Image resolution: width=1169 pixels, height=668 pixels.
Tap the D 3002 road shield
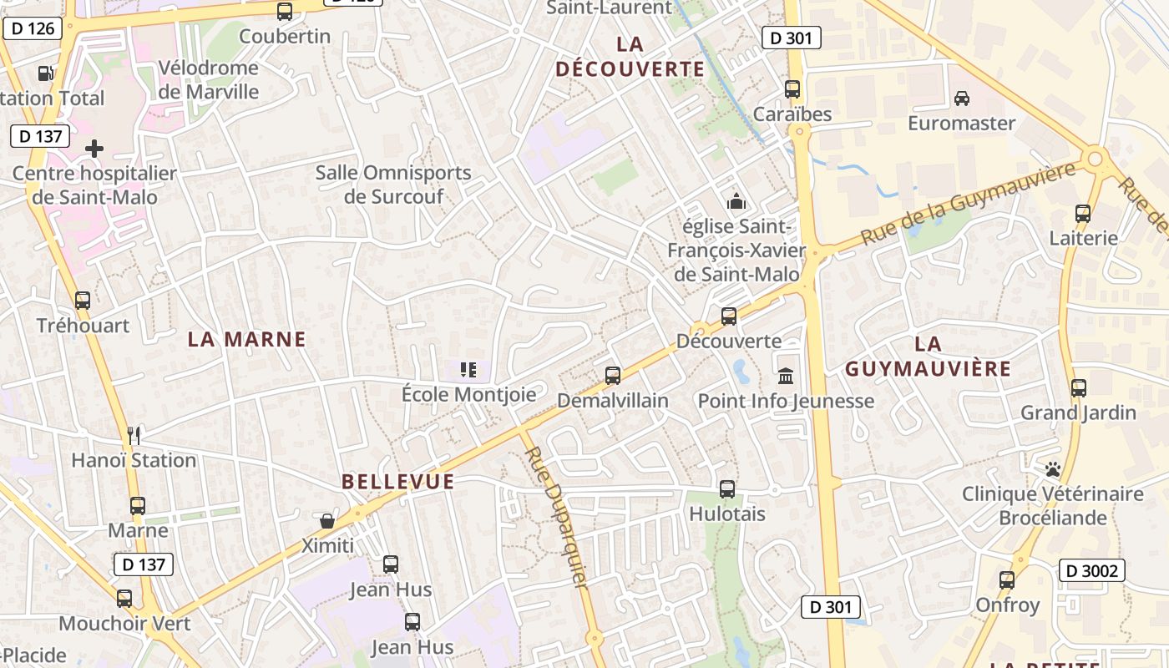[1091, 570]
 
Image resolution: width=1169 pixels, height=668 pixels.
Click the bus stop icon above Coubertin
[285, 12]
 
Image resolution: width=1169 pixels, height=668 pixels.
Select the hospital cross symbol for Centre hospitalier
[94, 149]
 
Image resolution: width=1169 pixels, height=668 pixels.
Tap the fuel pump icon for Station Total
[47, 73]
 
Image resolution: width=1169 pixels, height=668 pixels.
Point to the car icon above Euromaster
[962, 99]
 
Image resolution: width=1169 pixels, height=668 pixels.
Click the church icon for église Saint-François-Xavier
[736, 201]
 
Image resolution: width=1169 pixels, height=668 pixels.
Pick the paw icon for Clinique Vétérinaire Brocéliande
[1052, 469]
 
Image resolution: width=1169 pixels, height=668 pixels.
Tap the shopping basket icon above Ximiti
[327, 521]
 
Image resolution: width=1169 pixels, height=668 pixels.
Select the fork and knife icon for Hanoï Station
[134, 435]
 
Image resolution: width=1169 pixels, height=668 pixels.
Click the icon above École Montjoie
[468, 369]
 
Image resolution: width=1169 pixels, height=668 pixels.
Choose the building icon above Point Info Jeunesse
[786, 376]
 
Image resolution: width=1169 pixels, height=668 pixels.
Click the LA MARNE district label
[246, 339]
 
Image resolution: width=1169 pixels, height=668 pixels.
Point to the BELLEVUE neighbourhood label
[398, 482]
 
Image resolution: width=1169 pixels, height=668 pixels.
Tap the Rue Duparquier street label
[556, 518]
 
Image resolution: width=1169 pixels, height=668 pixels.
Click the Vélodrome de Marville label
[209, 79]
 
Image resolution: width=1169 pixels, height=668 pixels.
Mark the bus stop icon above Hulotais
[727, 489]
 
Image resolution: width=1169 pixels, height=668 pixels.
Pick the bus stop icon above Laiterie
[1083, 214]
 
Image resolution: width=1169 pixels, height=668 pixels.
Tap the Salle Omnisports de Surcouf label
[393, 185]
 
